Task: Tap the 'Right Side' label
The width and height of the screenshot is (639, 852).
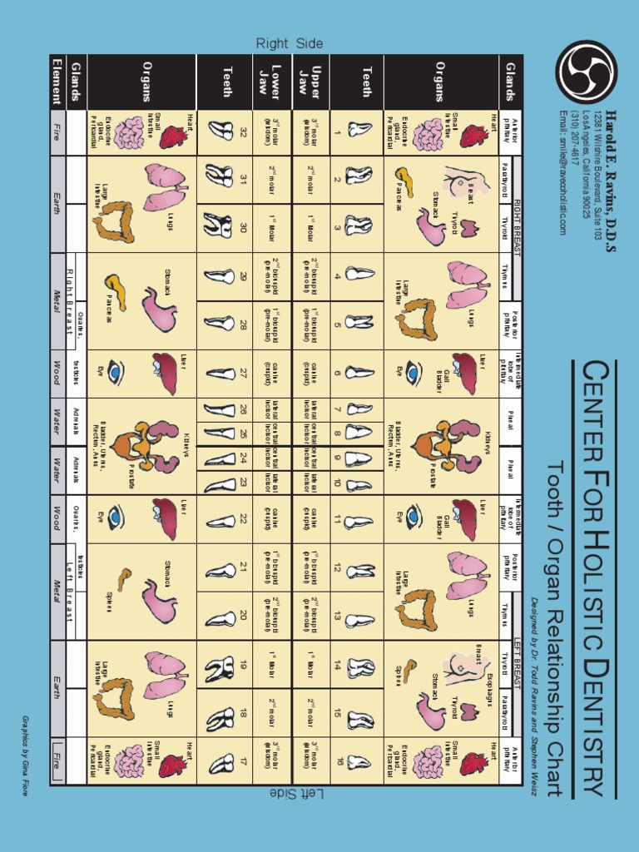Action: click(x=289, y=43)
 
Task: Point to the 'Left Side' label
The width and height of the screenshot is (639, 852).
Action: click(x=289, y=795)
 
